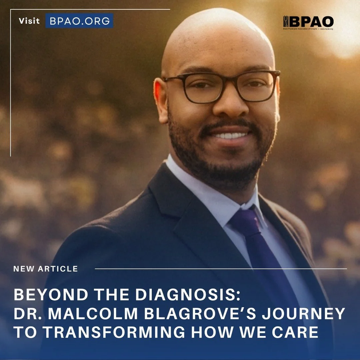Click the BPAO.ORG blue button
click(79, 21)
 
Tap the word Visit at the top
click(29, 21)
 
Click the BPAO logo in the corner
click(308, 23)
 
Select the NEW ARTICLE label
click(46, 269)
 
